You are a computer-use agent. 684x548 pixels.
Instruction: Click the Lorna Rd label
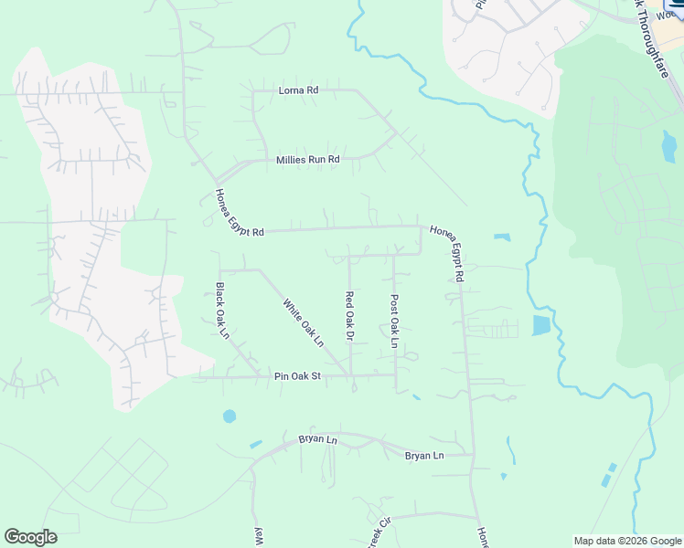coord(298,91)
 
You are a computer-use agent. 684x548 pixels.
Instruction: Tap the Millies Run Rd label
coord(308,160)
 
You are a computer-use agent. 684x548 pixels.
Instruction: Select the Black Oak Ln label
coord(221,311)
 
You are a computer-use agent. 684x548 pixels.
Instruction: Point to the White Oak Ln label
coord(304,323)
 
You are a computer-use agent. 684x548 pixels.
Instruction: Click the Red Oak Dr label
coord(349,316)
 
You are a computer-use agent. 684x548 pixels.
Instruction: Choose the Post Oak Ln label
coord(395,320)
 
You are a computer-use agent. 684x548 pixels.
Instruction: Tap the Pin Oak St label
coord(298,376)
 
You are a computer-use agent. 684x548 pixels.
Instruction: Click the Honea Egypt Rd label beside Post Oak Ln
coord(448,253)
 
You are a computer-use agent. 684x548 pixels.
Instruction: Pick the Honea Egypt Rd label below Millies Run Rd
coord(240,214)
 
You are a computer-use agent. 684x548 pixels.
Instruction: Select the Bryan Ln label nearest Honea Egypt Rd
coord(425,455)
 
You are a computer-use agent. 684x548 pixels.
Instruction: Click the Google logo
coord(31,537)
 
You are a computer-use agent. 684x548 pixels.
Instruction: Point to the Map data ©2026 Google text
coord(626,541)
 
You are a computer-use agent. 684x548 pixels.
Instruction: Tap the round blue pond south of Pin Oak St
coord(229,416)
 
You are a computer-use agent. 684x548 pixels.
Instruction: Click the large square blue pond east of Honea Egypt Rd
coord(541,325)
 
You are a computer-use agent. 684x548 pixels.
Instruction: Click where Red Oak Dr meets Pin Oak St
coord(351,375)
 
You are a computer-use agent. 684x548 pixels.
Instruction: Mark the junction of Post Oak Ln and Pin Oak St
coord(396,374)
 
